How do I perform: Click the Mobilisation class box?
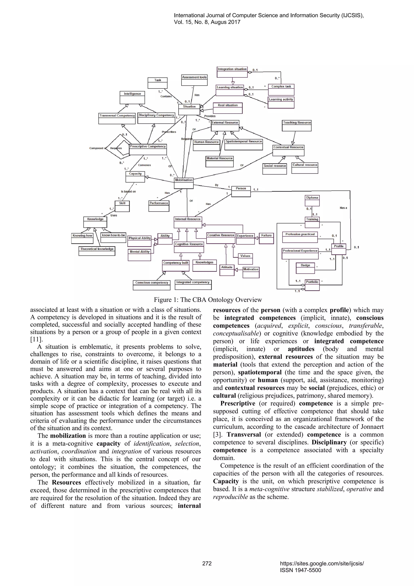pos(184,183)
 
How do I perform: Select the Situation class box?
pos(189,109)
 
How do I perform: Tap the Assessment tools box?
pos(194,80)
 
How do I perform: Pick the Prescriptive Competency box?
pos(148,149)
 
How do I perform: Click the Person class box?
pos(241,191)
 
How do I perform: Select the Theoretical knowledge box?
pos(97,251)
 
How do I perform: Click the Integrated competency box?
pos(193,285)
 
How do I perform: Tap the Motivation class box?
pos(251,272)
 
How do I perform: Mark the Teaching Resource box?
pos(297,126)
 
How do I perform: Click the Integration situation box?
pos(232,72)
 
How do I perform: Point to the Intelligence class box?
pos(132,97)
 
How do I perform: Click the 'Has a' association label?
pos(343,208)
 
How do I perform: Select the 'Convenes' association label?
pos(144,165)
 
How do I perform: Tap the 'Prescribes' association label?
pos(169,132)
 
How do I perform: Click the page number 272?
pos(207,563)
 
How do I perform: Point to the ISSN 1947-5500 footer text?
pos(300,570)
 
